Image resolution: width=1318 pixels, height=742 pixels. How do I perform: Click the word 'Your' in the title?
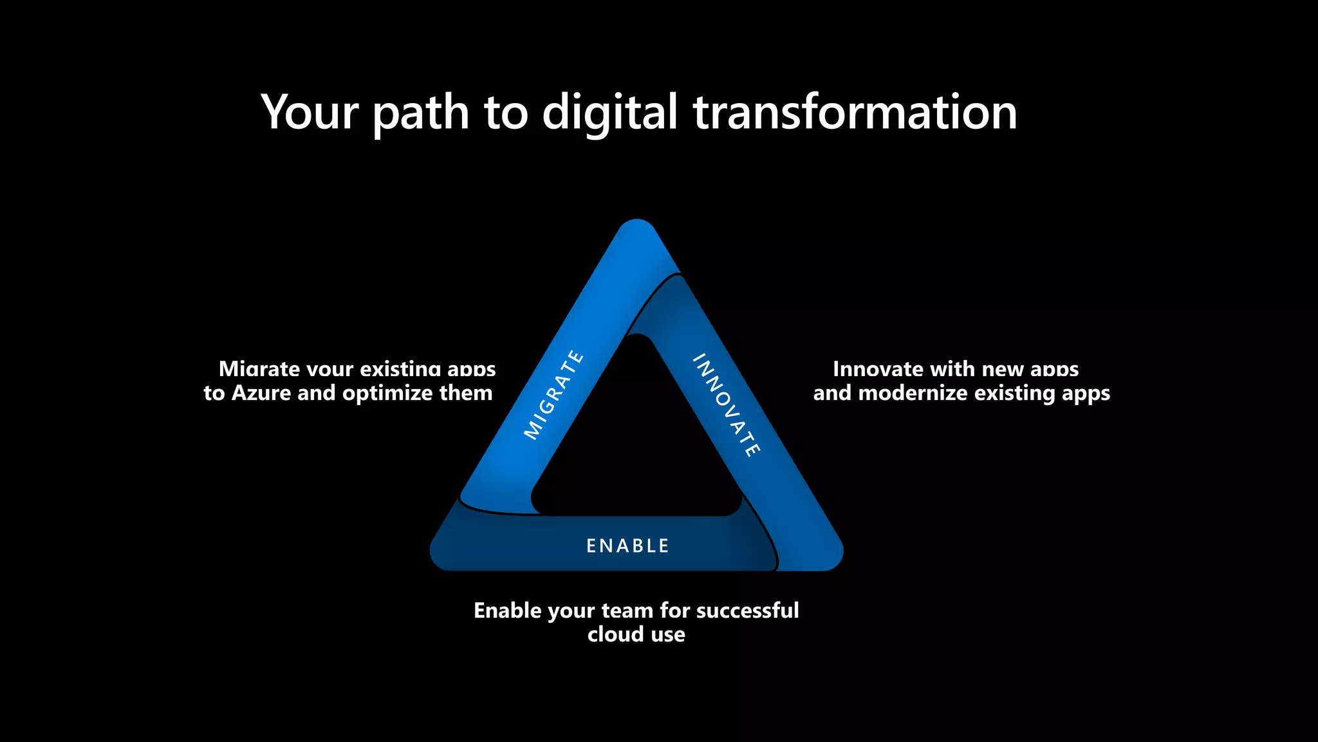click(x=309, y=113)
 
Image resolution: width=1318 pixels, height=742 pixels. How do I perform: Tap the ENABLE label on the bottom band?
click(x=628, y=546)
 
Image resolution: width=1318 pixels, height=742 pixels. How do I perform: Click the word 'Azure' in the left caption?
click(x=261, y=393)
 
